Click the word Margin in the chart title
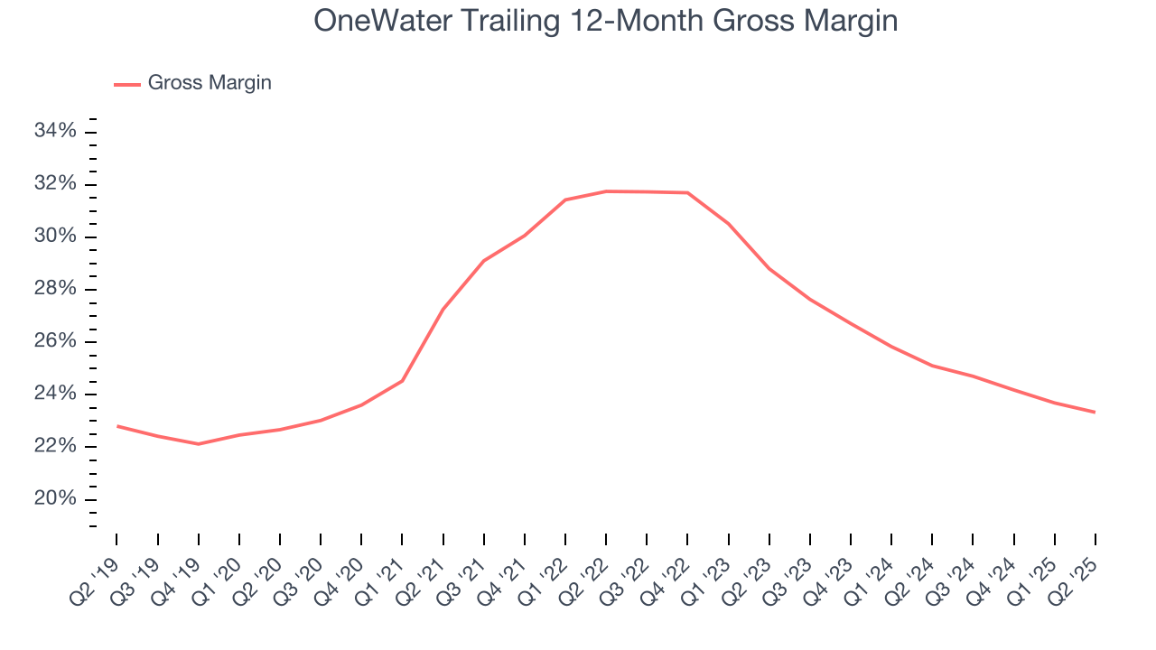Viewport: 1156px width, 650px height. click(x=849, y=21)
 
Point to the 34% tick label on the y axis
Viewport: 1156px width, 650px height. click(x=55, y=132)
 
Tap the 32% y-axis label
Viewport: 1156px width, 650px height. click(x=55, y=184)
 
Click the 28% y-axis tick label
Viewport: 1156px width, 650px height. click(x=55, y=289)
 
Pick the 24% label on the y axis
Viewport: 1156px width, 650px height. click(x=55, y=394)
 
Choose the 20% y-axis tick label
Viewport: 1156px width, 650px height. click(x=55, y=499)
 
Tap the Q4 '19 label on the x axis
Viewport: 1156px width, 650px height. click(x=178, y=570)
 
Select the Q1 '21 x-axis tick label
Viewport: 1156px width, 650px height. click(x=382, y=570)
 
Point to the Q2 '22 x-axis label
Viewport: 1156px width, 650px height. click(x=586, y=570)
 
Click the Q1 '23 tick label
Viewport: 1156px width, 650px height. click(x=708, y=570)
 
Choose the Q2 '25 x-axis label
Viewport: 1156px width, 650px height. click(x=1076, y=570)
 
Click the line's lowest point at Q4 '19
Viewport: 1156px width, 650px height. click(x=199, y=444)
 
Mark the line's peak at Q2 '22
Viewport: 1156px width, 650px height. click(x=606, y=191)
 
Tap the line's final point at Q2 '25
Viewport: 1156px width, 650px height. click(x=1095, y=413)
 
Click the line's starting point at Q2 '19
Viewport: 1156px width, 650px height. click(x=117, y=426)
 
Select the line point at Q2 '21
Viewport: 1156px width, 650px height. click(x=443, y=310)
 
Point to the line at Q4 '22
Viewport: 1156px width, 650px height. click(x=687, y=192)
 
